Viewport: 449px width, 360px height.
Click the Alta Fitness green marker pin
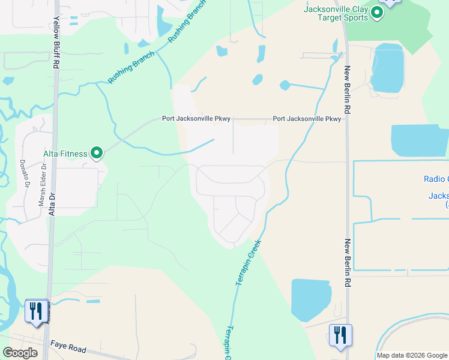click(x=97, y=153)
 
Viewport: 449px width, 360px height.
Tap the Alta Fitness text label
click(x=65, y=154)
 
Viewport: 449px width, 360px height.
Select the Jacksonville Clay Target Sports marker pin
click(x=377, y=13)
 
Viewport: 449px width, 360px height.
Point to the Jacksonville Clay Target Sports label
click(x=336, y=13)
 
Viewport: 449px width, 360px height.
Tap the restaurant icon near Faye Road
click(x=36, y=311)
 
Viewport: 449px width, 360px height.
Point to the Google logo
click(x=20, y=353)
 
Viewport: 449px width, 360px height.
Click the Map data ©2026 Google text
click(x=412, y=355)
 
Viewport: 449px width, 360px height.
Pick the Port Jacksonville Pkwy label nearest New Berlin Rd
click(x=307, y=119)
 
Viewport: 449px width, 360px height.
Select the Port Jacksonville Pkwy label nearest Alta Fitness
click(x=196, y=119)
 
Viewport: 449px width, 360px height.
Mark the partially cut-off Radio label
click(x=436, y=179)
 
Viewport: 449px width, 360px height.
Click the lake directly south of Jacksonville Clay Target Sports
click(x=387, y=69)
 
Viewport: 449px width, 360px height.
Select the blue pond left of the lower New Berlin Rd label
click(x=310, y=299)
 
